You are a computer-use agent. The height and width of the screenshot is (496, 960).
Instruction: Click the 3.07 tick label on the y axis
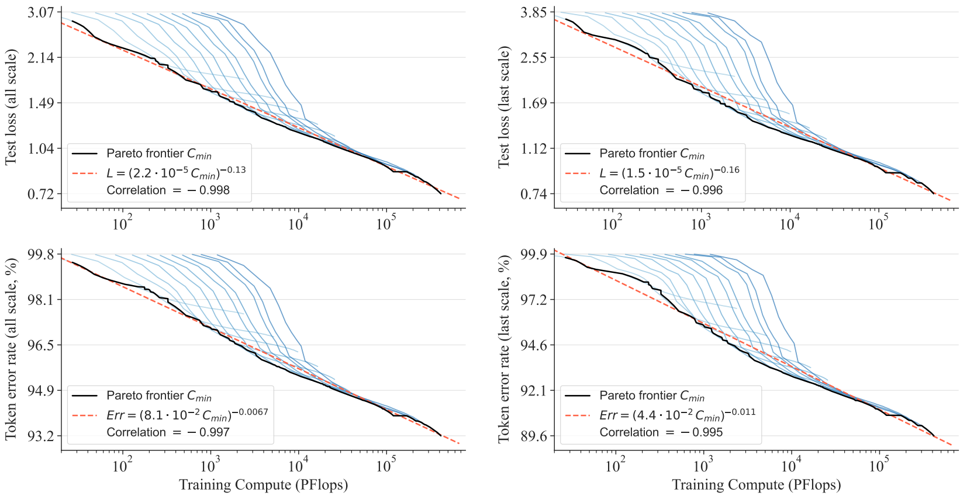40,12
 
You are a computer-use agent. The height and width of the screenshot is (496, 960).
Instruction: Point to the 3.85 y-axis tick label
534,12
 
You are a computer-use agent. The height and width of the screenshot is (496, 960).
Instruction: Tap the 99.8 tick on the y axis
40,254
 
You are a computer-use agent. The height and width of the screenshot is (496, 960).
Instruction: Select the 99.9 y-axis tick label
534,254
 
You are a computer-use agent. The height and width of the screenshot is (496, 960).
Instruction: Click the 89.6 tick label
534,436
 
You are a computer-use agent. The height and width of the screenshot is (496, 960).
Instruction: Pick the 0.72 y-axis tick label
40,194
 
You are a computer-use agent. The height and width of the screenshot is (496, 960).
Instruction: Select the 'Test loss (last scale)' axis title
504,107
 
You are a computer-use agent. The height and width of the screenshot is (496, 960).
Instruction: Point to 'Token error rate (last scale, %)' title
504,349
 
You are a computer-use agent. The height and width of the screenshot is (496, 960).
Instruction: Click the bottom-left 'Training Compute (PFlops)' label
263,485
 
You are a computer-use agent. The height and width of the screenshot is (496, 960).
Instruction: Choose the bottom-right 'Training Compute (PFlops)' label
757,485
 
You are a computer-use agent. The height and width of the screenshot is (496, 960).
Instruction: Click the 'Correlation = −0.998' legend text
168,190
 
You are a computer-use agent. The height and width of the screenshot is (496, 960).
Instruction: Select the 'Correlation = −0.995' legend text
661,432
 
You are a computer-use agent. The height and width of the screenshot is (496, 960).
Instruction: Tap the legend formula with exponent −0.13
175,172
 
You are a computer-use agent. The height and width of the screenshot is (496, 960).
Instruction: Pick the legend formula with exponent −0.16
669,172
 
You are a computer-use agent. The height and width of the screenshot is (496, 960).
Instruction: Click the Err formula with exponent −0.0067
187,414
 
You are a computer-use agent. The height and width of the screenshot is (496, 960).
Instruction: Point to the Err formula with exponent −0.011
677,414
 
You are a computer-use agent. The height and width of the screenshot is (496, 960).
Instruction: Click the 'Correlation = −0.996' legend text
661,190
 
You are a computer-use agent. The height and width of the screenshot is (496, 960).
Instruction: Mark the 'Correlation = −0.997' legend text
168,432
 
